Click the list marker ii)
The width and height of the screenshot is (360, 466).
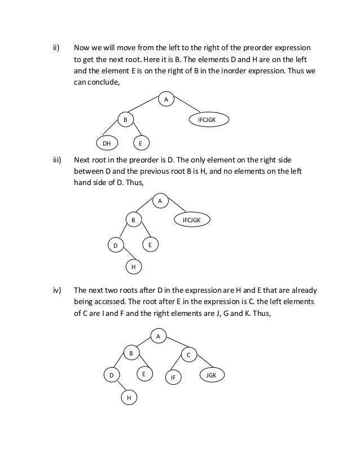(x=56, y=46)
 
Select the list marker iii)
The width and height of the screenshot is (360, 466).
(x=56, y=160)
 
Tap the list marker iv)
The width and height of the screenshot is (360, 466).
(x=56, y=291)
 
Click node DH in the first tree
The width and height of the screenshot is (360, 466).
(x=106, y=143)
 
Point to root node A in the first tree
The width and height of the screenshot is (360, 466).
(x=165, y=99)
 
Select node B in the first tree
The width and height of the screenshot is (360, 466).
(x=125, y=120)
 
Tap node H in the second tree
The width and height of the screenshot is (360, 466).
(x=133, y=265)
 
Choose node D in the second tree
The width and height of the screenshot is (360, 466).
(x=115, y=246)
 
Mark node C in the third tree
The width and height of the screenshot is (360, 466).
(x=188, y=355)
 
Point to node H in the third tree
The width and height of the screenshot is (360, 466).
(x=129, y=398)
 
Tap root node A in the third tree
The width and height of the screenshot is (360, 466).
(x=159, y=337)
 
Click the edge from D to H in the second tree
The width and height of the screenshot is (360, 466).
(x=125, y=255)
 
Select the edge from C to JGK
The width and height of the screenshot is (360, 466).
(x=201, y=364)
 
